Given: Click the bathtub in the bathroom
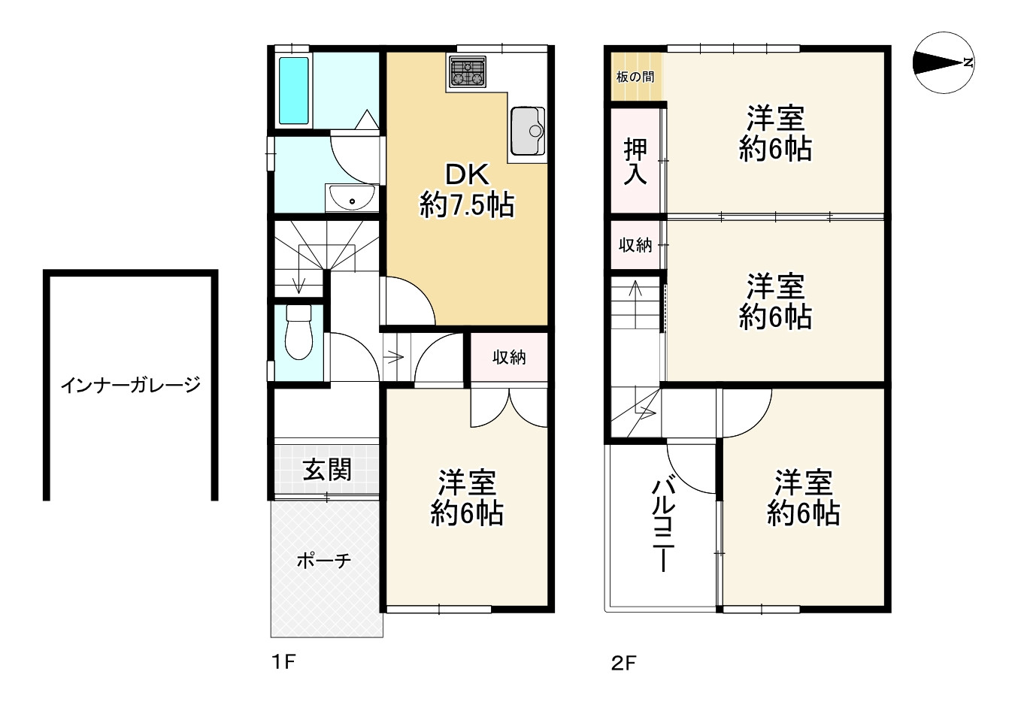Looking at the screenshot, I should tap(294, 90).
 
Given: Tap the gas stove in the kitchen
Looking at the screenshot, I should tap(468, 72).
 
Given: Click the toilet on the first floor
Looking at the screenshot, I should tap(298, 332).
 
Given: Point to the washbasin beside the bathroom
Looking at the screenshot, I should tap(350, 199).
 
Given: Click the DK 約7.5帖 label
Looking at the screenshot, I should tap(467, 189).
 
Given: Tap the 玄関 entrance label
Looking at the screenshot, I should tap(327, 470).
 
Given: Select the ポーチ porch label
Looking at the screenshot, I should tap(324, 560).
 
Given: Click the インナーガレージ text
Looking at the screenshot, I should tap(131, 385).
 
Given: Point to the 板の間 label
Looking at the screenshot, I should tap(635, 77).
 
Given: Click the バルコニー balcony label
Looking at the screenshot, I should tap(662, 523).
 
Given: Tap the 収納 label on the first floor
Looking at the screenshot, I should tap(509, 357).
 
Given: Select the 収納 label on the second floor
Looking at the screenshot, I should tap(635, 244).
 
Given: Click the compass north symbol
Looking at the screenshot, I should tap(943, 63).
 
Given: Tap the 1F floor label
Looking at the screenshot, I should tap(285, 663).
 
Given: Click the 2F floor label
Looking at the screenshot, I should tap(623, 663).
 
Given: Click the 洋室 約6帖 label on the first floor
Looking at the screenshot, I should tap(467, 498).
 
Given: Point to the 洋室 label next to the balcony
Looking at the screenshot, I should tap(803, 498).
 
